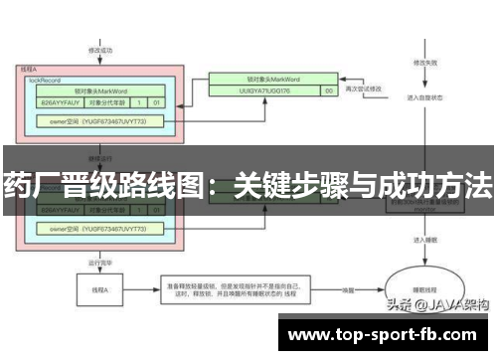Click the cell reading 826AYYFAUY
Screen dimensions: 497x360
(61, 101)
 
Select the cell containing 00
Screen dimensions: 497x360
(329, 90)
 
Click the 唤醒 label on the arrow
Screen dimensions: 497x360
(348, 289)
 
